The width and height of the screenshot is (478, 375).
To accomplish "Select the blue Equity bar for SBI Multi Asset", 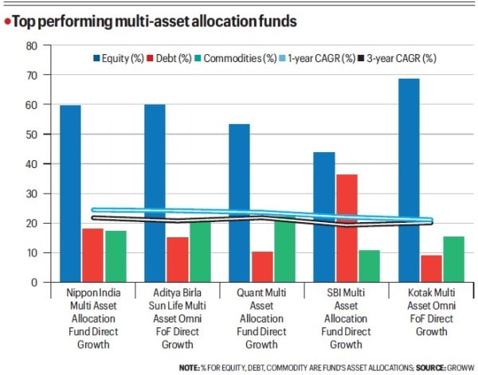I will [324, 217].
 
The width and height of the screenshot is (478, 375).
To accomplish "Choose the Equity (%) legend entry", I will [119, 58].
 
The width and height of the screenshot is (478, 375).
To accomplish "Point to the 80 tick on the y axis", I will [31, 45].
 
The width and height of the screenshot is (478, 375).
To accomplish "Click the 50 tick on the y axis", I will [31, 135].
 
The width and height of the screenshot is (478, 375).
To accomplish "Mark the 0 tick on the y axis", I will [33, 283].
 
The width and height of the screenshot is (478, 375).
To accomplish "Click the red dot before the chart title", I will [6, 20].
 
